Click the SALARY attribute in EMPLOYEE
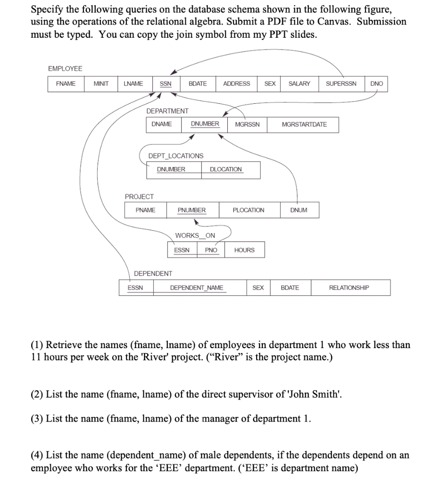[300, 84]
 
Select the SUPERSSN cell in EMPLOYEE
[341, 84]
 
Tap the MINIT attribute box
[101, 84]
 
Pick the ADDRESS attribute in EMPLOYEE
[237, 84]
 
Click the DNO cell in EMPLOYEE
[377, 84]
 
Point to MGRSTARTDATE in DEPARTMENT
[304, 125]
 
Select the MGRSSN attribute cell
[247, 125]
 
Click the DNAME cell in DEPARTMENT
[162, 124]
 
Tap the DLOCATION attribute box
[226, 169]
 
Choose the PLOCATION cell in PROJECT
[249, 210]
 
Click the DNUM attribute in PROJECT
[299, 210]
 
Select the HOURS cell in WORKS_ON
[244, 250]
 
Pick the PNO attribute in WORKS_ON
[211, 250]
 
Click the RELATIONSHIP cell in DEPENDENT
[349, 288]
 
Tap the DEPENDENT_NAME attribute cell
[197, 288]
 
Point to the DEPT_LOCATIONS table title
[176, 156]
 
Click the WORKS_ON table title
[195, 235]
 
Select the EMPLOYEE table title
[65, 69]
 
